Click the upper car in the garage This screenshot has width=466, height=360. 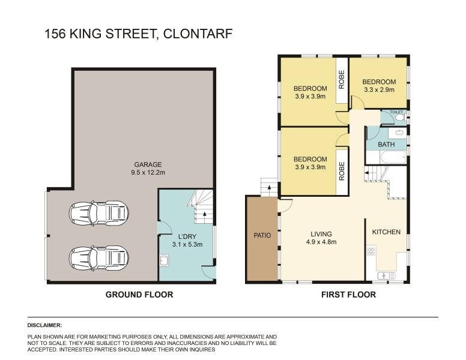coord(98,212)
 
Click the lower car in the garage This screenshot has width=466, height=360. coord(98,258)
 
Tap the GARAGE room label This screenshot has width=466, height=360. coord(148,164)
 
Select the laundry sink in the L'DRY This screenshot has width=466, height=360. coord(164,261)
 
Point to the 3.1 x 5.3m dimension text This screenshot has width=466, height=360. coord(187,244)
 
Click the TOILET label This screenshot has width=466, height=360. coord(396,112)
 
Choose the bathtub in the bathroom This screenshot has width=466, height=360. coord(393,157)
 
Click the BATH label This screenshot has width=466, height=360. coord(386,145)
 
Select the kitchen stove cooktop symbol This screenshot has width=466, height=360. coord(371,251)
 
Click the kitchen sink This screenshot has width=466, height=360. coord(386,275)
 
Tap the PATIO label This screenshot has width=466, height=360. coord(262,236)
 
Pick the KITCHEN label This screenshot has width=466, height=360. coord(386,232)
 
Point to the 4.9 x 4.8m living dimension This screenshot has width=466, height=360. coord(321,242)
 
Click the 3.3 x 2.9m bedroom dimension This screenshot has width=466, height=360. coord(379,89)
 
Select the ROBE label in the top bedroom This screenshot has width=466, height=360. coord(342,79)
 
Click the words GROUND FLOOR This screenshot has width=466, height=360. coord(139,295)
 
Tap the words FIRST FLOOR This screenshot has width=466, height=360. coord(349,295)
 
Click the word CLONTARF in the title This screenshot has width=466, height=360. coord(198,34)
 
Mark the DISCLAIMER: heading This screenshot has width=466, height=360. coord(44,325)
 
